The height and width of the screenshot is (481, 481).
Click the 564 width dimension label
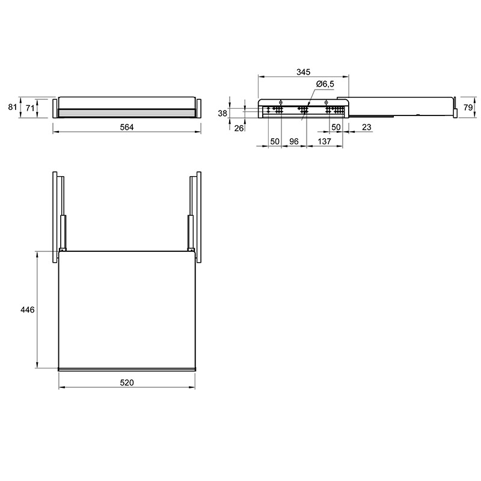coord(127,127)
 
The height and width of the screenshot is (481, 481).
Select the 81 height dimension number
coord(12,107)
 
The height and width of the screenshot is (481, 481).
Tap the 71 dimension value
coord(29,108)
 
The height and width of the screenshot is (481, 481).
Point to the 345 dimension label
coord(304,72)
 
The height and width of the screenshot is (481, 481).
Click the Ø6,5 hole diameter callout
coord(325,84)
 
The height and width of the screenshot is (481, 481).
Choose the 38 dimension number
coord(222,114)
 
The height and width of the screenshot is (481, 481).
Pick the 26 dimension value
coord(239,128)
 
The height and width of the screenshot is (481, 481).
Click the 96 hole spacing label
coord(294,141)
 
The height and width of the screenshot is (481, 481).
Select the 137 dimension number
coord(325,141)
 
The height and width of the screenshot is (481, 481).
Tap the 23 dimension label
coord(367,127)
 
